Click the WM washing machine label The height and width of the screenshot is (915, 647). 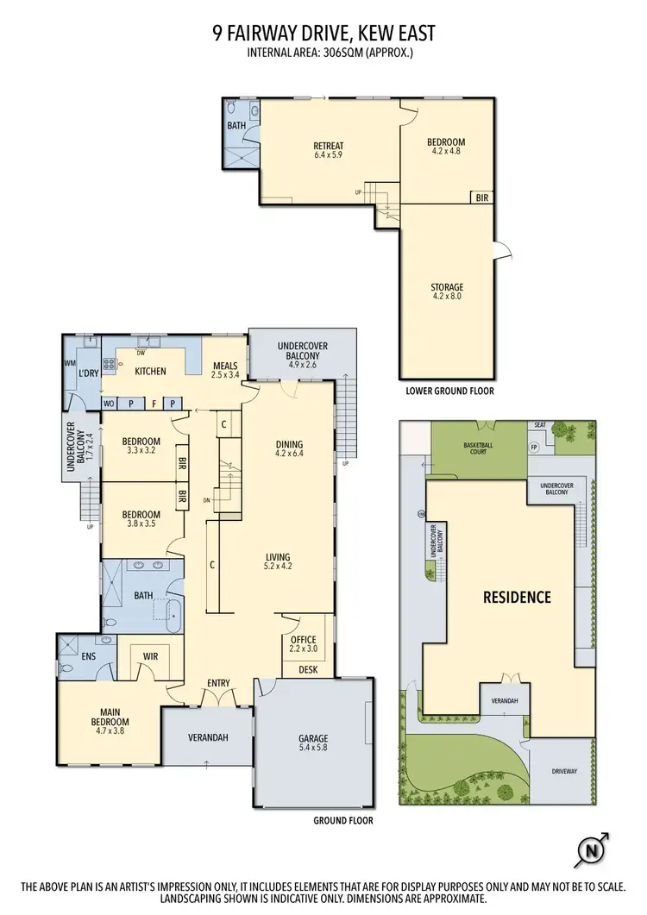70,363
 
